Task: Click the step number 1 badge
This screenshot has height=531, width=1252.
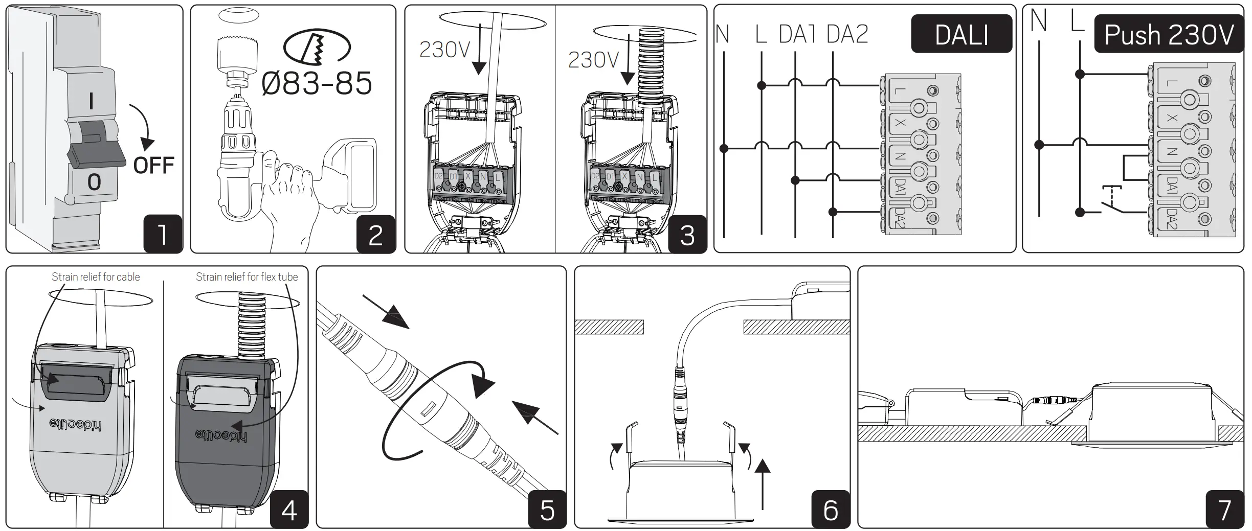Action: [163, 234]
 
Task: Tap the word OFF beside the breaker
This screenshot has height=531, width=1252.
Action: [153, 166]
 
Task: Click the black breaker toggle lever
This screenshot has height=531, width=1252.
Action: [96, 153]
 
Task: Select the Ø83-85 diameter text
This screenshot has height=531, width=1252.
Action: [317, 83]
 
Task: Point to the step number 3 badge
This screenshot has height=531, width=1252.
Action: [687, 234]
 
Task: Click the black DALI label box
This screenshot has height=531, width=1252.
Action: [961, 34]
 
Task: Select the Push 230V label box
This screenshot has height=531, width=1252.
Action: [1168, 34]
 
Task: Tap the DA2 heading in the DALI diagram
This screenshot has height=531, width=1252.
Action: [847, 34]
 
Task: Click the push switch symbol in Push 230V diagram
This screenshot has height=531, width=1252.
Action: [1111, 202]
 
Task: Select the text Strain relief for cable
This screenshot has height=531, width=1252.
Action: [96, 277]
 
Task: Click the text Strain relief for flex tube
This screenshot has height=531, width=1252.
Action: [247, 277]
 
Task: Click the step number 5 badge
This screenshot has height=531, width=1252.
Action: [547, 509]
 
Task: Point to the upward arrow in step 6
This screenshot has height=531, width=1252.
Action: [762, 483]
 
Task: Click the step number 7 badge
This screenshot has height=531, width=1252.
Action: [1224, 509]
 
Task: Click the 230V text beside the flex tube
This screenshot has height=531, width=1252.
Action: [593, 60]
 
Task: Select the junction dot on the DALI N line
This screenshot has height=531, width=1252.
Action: [724, 149]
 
